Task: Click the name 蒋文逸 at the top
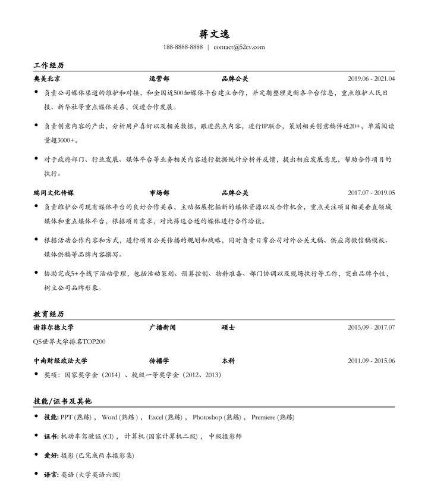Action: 214,34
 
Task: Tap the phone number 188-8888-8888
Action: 182,47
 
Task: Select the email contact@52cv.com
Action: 239,47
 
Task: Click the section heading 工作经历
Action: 48,65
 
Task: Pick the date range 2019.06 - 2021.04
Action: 371,79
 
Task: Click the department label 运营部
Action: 159,79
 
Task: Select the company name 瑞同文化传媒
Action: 53,193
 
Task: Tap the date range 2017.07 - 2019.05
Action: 371,193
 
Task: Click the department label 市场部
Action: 159,193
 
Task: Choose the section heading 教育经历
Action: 48,314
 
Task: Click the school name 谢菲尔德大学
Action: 53,327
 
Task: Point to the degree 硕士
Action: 228,327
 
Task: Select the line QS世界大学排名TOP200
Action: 69,342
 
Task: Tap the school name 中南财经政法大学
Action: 60,361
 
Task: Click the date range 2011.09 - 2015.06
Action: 371,361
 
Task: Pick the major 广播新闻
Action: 162,327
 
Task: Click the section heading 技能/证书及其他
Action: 62,401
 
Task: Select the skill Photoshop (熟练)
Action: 216,417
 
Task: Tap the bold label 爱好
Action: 51,455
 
